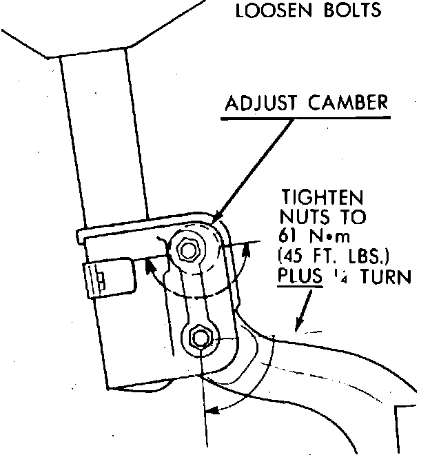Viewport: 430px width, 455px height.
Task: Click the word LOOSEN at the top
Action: [x=269, y=11]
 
